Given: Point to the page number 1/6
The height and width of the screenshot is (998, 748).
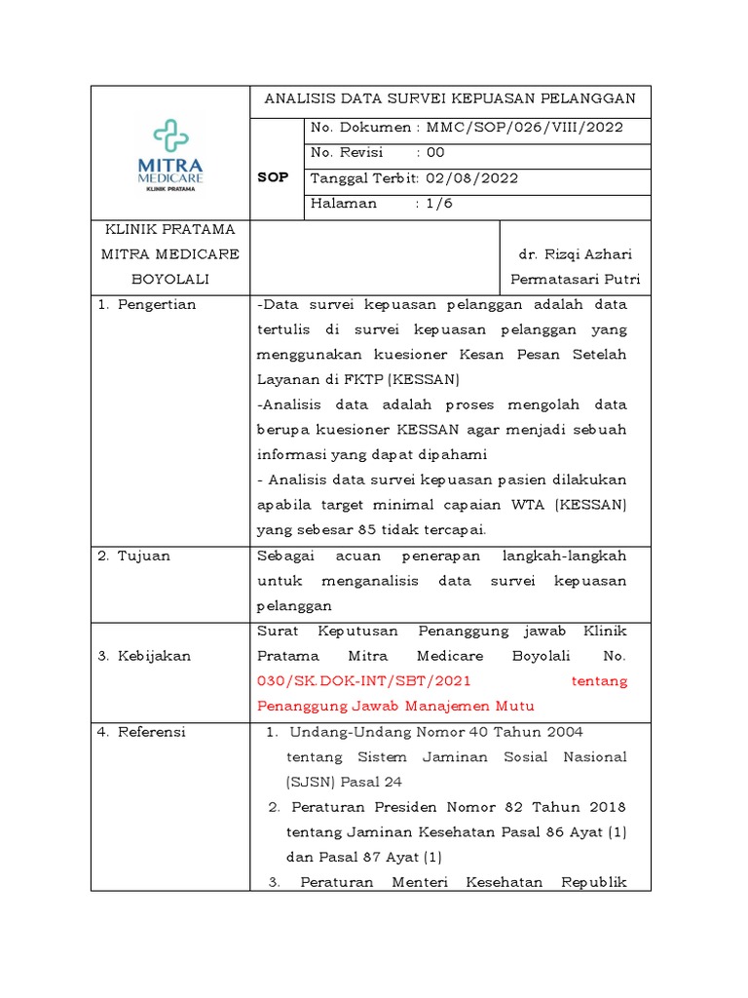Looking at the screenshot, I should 434,204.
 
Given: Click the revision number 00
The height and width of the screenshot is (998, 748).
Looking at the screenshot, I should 435,152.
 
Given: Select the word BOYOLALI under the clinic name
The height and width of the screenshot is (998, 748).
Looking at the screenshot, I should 169,279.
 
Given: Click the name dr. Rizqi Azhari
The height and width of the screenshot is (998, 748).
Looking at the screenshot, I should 574,254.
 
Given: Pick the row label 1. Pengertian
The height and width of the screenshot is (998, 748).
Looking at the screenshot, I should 147,304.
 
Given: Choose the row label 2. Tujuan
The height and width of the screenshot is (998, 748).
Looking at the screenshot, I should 134,556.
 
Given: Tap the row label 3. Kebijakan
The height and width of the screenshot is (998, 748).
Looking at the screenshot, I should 144,656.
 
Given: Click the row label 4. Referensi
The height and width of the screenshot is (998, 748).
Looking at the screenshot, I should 141,732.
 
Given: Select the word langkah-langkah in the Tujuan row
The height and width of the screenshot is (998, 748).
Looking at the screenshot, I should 564,556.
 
